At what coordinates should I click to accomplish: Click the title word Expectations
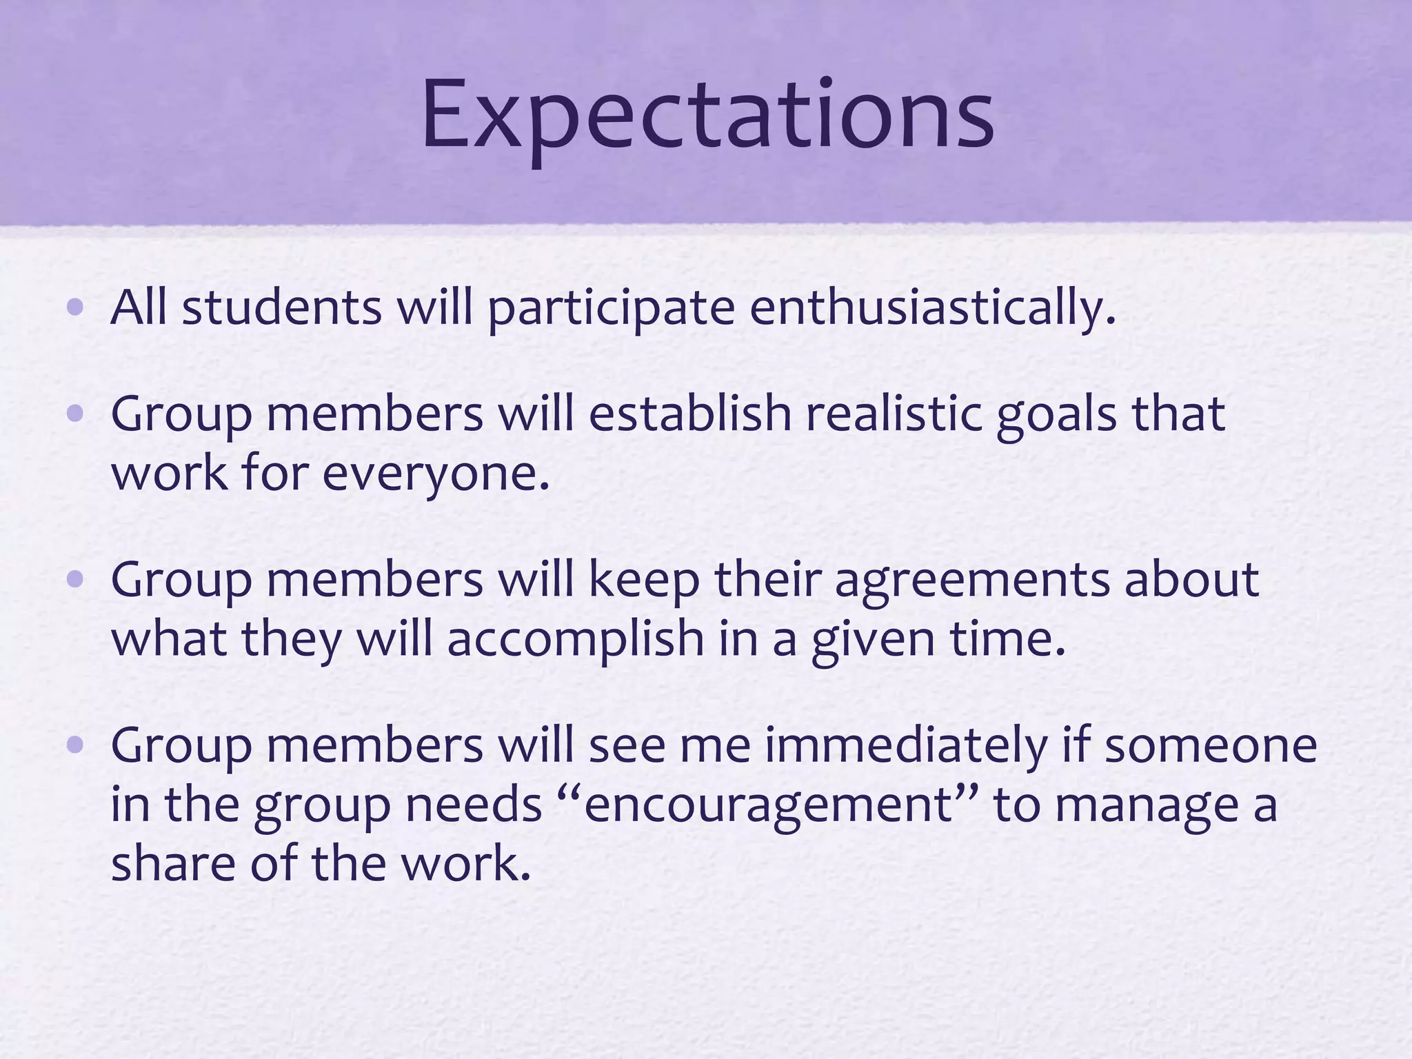coord(707,114)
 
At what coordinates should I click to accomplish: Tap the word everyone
coord(435,474)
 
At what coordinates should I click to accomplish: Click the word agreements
coord(972,580)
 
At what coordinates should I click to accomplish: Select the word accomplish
coord(575,639)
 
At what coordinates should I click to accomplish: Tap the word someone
coord(1210,745)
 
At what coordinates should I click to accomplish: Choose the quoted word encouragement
coord(767,805)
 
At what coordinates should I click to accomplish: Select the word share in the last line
coord(172,865)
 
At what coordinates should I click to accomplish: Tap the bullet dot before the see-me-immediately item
coord(76,745)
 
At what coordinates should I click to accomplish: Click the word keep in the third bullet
coord(644,580)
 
